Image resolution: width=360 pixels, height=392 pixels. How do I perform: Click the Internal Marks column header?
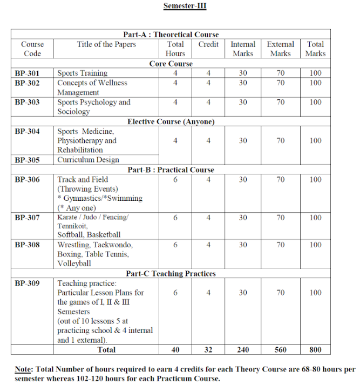click(243, 49)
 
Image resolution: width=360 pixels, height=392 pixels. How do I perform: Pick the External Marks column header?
click(281, 49)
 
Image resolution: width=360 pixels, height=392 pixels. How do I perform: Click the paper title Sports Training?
click(82, 73)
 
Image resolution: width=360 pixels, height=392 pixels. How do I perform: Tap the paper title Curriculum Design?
click(88, 160)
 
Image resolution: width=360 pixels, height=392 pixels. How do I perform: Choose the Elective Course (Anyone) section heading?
click(171, 121)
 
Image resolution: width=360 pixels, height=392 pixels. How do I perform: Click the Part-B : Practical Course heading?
click(171, 170)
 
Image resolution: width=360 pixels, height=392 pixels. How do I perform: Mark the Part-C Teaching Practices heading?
click(171, 273)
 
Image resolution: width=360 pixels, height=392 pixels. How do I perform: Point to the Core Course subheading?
click(171, 63)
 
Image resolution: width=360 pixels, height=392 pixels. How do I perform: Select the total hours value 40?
click(175, 350)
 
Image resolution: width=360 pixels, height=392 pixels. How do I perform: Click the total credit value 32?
click(208, 350)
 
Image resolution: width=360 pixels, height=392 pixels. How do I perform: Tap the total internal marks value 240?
click(243, 350)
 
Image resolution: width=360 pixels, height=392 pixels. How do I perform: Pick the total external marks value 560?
click(281, 350)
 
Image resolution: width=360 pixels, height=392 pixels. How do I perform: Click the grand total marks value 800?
click(316, 350)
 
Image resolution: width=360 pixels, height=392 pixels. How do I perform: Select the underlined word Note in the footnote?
click(23, 369)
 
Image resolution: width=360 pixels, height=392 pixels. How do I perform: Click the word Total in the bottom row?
click(106, 350)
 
